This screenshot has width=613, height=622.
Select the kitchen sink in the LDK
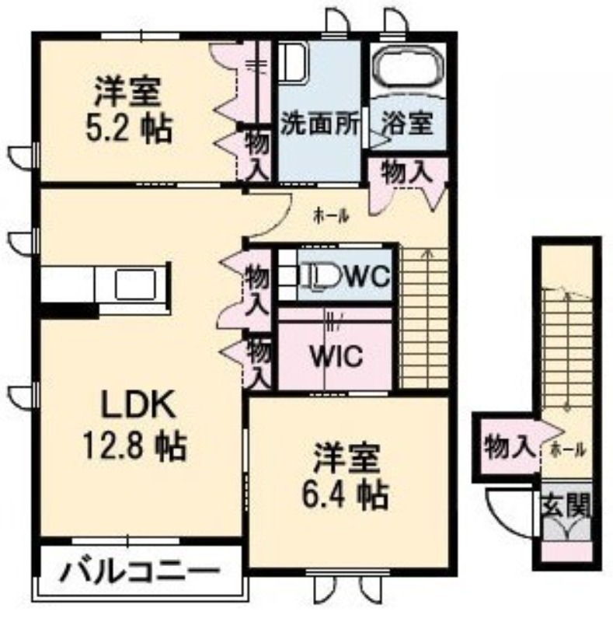pyautogui.click(x=135, y=284)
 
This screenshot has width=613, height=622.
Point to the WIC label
pyautogui.click(x=336, y=356)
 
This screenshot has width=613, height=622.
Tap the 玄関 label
pyautogui.click(x=566, y=506)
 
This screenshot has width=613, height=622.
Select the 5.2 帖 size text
pyautogui.click(x=130, y=128)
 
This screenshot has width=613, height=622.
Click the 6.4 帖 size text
pyautogui.click(x=344, y=496)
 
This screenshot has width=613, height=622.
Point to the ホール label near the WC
pyautogui.click(x=331, y=216)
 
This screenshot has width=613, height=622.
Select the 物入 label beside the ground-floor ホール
pyautogui.click(x=507, y=446)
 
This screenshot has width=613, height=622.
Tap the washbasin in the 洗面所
pyautogui.click(x=293, y=61)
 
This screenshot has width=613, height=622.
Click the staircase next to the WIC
pyautogui.click(x=424, y=316)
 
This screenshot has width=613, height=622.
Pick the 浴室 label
pyautogui.click(x=407, y=123)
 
